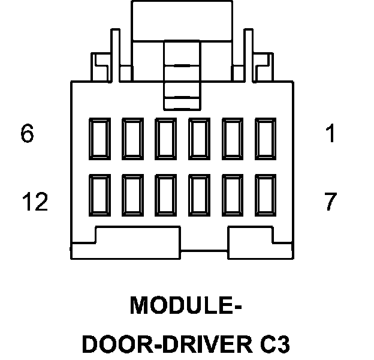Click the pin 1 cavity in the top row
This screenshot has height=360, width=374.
[266, 138]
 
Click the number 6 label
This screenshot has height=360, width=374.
[27, 133]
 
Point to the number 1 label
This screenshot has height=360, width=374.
[330, 133]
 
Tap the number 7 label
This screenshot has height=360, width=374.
[330, 203]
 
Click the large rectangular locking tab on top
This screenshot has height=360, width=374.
[182, 21]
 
